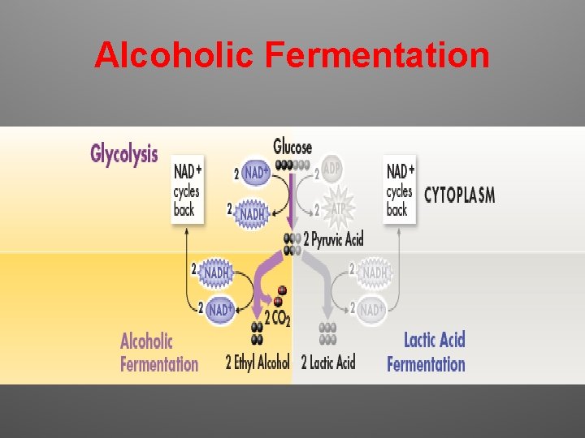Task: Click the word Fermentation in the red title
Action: click(377, 56)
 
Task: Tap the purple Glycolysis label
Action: click(124, 153)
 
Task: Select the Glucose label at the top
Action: click(292, 147)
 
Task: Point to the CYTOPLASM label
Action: click(459, 195)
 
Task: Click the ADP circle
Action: click(331, 168)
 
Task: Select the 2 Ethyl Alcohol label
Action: click(258, 362)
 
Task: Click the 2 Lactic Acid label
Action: click(328, 362)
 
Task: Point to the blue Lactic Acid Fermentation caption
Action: click(427, 351)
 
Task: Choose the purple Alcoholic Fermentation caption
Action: click(159, 351)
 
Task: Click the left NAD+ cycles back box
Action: click(187, 191)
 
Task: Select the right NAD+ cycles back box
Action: click(400, 191)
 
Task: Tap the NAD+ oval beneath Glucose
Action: click(256, 173)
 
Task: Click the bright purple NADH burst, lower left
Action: click(216, 273)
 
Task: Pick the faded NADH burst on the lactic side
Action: click(375, 273)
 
